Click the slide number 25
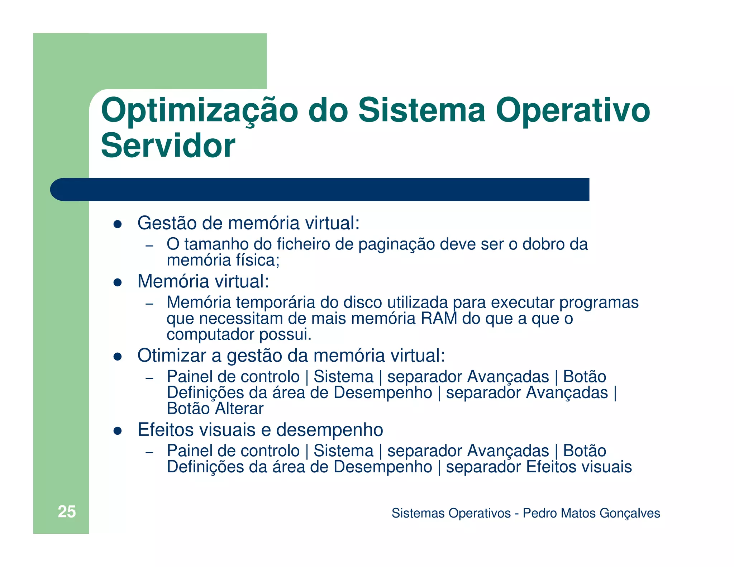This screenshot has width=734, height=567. click(x=67, y=512)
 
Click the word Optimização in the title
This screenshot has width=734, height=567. click(x=199, y=111)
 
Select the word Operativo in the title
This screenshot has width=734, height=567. click(x=572, y=111)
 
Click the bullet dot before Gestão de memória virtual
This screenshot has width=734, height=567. click(x=118, y=224)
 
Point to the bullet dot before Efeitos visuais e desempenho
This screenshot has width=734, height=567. click(x=118, y=431)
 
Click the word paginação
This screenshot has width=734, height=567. click(x=396, y=244)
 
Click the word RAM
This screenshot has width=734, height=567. click(x=439, y=318)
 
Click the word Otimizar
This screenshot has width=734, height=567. click(x=172, y=356)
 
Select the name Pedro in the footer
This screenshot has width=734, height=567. click(x=540, y=513)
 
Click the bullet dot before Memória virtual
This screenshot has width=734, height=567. click(x=118, y=282)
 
